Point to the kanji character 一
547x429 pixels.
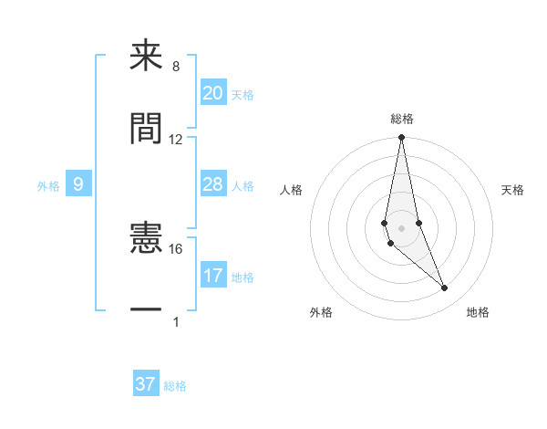[x=146, y=309]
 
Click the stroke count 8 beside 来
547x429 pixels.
[x=176, y=67]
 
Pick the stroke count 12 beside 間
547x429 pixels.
[x=176, y=140]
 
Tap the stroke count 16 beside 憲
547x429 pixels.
[x=176, y=248]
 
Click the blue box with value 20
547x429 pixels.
[x=212, y=93]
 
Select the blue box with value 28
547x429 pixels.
[x=212, y=184]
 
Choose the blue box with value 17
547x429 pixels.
[x=212, y=276]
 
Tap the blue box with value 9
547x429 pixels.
[x=78, y=185]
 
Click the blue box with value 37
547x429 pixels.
[x=145, y=384]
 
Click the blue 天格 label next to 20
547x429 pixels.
[x=242, y=95]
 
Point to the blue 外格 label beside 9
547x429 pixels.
[x=48, y=186]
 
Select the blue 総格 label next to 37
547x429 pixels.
[x=175, y=386]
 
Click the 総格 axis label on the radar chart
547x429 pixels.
[x=402, y=119]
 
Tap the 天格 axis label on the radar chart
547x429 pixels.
[x=513, y=190]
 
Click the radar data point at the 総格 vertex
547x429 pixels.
[x=401, y=138]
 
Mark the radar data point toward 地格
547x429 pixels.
[x=445, y=288]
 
